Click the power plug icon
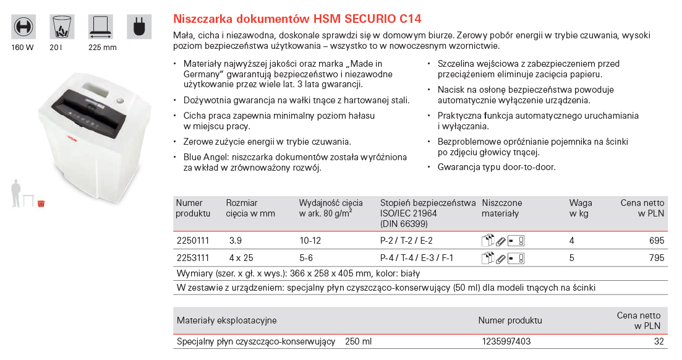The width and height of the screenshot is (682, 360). point(139,27)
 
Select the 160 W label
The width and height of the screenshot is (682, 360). point(22,48)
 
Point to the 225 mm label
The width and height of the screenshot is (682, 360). point(102,48)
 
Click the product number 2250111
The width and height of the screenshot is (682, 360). point(194,241)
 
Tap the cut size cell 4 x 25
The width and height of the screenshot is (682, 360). point(242,257)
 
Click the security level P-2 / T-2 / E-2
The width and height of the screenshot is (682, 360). point(406,241)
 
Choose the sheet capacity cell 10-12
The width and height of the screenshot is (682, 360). point(310,241)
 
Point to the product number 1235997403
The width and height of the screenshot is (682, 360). point(506,341)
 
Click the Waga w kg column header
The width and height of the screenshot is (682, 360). point(581,208)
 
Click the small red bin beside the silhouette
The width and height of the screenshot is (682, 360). point(41,203)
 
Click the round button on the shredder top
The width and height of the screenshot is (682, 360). point(120,101)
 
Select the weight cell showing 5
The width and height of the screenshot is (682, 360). point(572,257)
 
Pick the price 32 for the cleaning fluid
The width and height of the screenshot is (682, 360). point(659,341)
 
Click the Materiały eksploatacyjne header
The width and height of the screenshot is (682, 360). point(227,320)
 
